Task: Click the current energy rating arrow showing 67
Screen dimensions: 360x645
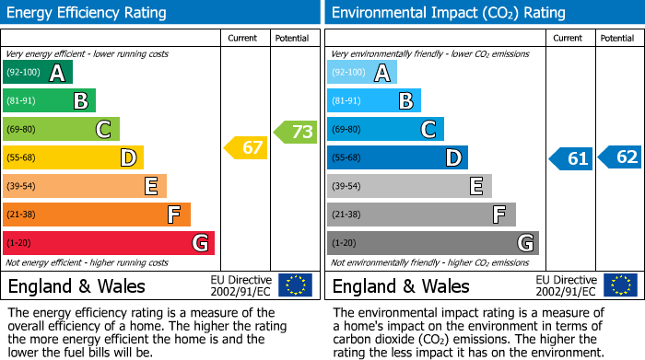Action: pyautogui.click(x=246, y=147)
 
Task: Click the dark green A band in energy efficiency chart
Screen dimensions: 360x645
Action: pyautogui.click(x=38, y=73)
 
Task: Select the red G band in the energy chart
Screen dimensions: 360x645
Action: pyautogui.click(x=109, y=243)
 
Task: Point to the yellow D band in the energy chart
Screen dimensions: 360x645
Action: pyautogui.click(x=73, y=158)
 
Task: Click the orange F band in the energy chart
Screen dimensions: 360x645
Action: pyautogui.click(x=97, y=215)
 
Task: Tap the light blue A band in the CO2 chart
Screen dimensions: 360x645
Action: pyautogui.click(x=362, y=73)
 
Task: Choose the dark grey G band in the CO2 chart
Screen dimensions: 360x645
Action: pyautogui.click(x=432, y=243)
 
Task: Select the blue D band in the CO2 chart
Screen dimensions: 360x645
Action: pyautogui.click(x=397, y=158)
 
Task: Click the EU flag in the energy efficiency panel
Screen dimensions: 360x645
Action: pyautogui.click(x=295, y=285)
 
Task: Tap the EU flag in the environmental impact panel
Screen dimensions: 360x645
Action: pyautogui.click(x=619, y=285)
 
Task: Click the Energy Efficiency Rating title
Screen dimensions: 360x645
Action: pyautogui.click(x=88, y=13)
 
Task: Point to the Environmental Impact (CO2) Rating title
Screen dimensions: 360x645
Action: pyautogui.click(x=448, y=13)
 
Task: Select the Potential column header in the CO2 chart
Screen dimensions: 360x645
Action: pyautogui.click(x=617, y=38)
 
